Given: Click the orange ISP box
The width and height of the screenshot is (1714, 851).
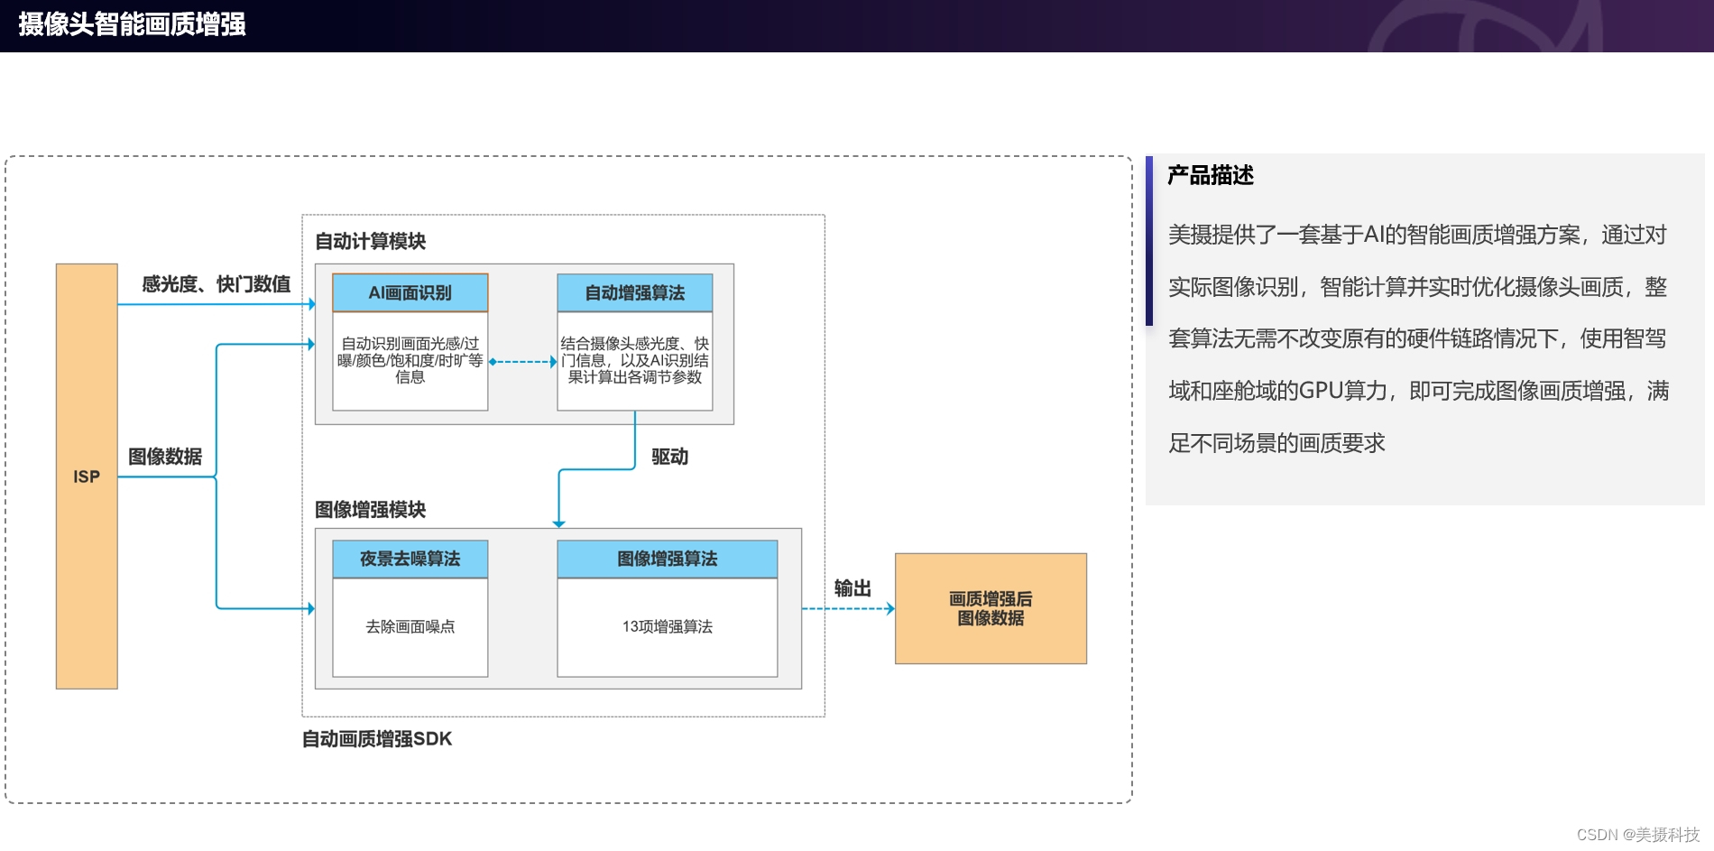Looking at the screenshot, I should point(87,476).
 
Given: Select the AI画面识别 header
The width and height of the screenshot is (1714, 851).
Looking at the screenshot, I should point(410,292).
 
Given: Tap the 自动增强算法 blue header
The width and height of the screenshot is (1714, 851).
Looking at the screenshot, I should point(635,292).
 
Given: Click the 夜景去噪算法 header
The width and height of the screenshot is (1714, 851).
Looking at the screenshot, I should point(410,559).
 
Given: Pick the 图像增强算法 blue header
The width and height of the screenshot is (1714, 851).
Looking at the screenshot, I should point(668,559).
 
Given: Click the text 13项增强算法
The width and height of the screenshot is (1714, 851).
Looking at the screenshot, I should point(668,626).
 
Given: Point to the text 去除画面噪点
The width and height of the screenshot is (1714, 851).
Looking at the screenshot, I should point(410,626).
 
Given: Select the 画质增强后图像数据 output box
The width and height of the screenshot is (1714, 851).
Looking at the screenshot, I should point(991,608).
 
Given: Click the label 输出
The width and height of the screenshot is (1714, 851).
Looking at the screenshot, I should point(852,588).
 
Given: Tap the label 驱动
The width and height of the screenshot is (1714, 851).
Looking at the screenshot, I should point(669,457).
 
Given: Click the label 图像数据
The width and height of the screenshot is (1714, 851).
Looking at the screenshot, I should point(165,457).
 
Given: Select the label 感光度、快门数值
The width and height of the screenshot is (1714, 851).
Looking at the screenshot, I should point(217,284).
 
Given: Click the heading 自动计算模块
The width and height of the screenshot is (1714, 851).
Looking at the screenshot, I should point(370,241).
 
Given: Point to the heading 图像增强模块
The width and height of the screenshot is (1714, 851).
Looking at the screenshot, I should point(370,510).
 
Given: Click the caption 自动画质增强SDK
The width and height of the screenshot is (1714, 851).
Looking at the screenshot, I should point(377,739).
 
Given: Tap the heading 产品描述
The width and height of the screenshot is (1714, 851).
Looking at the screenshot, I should point(1211,175).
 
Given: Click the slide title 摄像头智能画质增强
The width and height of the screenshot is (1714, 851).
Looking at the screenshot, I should point(132,24).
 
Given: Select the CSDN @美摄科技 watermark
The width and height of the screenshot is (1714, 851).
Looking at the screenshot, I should point(1637,835).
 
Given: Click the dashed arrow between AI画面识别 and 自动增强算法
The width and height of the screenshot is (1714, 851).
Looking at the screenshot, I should point(523,361).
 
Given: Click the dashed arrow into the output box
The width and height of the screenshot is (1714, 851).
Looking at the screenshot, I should point(848,609).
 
